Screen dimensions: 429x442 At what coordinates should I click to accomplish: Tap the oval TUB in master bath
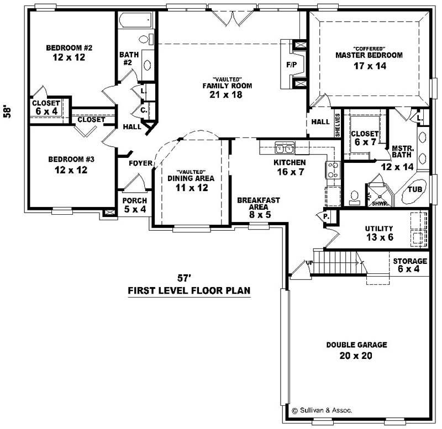(416, 189)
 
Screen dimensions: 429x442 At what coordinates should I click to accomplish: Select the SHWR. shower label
(378, 203)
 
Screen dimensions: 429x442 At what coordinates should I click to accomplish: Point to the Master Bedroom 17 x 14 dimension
(369, 66)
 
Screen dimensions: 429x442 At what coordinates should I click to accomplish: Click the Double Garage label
(356, 345)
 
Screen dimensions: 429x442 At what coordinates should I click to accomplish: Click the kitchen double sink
(284, 148)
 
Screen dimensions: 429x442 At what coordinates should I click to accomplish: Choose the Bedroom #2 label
(69, 47)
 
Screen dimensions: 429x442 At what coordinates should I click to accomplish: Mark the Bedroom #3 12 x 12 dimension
(71, 170)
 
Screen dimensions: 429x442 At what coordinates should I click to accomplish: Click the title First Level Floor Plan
(189, 290)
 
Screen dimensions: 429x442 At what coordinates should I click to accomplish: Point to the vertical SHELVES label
(337, 125)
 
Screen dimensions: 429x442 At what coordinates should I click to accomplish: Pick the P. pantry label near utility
(326, 217)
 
